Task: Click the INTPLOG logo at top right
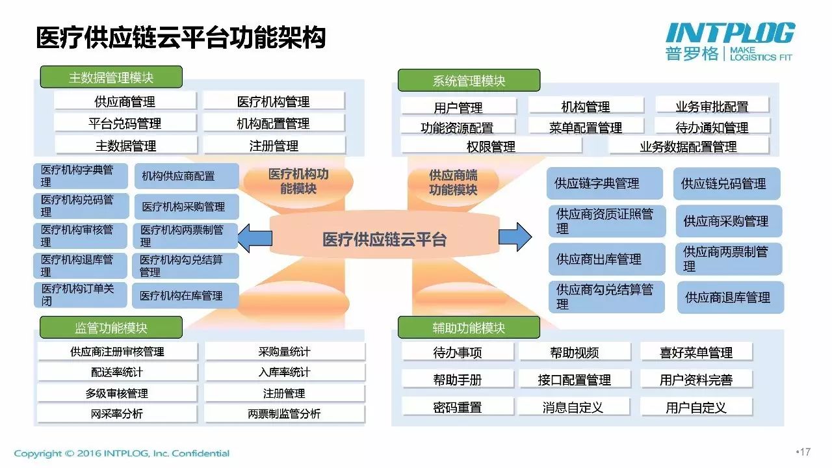click(x=729, y=42)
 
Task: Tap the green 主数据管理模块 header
click(x=111, y=77)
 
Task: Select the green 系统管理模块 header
click(x=469, y=80)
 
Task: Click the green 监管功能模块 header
click(x=111, y=327)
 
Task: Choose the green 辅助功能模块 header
click(x=469, y=327)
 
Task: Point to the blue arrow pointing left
click(x=255, y=238)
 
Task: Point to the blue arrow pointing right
click(x=515, y=237)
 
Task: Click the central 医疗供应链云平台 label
click(x=384, y=239)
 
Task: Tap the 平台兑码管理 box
click(x=125, y=123)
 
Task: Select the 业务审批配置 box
click(x=712, y=107)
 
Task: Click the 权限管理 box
click(x=491, y=146)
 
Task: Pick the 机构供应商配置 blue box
click(x=187, y=176)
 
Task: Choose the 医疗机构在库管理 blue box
click(x=185, y=296)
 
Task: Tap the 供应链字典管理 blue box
click(x=604, y=183)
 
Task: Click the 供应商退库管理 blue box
click(x=731, y=297)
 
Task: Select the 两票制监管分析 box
click(x=285, y=414)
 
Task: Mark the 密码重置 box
click(x=458, y=407)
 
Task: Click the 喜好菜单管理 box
click(x=696, y=352)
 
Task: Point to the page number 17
click(x=805, y=452)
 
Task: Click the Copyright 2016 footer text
click(x=122, y=454)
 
